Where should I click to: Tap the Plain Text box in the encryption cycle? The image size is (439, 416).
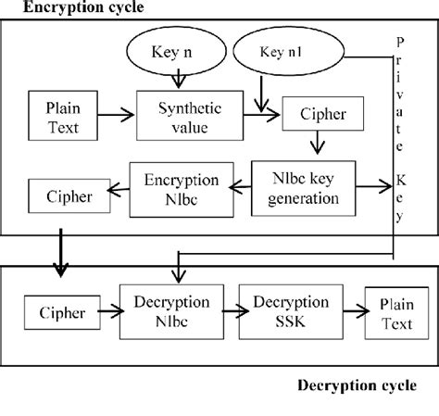pyautogui.click(x=63, y=116)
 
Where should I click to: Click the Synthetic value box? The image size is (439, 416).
pyautogui.click(x=190, y=116)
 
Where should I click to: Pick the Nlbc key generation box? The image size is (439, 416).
pyautogui.click(x=304, y=188)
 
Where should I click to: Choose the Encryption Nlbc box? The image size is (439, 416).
pyautogui.click(x=182, y=190)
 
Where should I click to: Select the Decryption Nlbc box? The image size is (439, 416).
pyautogui.click(x=171, y=312)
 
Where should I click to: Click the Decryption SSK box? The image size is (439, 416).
pyautogui.click(x=291, y=312)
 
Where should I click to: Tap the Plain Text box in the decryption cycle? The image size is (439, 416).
pyautogui.click(x=396, y=313)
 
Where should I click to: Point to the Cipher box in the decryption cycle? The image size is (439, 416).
pyautogui.click(x=62, y=312)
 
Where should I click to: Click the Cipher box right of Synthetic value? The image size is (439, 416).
pyautogui.click(x=323, y=113)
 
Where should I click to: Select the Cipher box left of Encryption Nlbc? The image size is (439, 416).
pyautogui.click(x=69, y=195)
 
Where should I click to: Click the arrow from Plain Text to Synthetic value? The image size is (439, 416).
pyautogui.click(x=116, y=115)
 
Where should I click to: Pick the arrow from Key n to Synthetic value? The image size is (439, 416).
pyautogui.click(x=179, y=79)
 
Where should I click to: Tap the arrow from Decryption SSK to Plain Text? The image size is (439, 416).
pyautogui.click(x=356, y=311)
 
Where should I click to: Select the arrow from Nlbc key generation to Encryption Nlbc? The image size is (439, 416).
pyautogui.click(x=240, y=186)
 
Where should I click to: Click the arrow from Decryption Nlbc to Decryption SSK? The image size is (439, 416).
pyautogui.click(x=235, y=311)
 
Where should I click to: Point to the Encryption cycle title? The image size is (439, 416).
pyautogui.click(x=83, y=6)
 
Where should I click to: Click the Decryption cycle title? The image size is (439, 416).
pyautogui.click(x=357, y=385)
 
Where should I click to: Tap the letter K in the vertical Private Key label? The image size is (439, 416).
pyautogui.click(x=401, y=180)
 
